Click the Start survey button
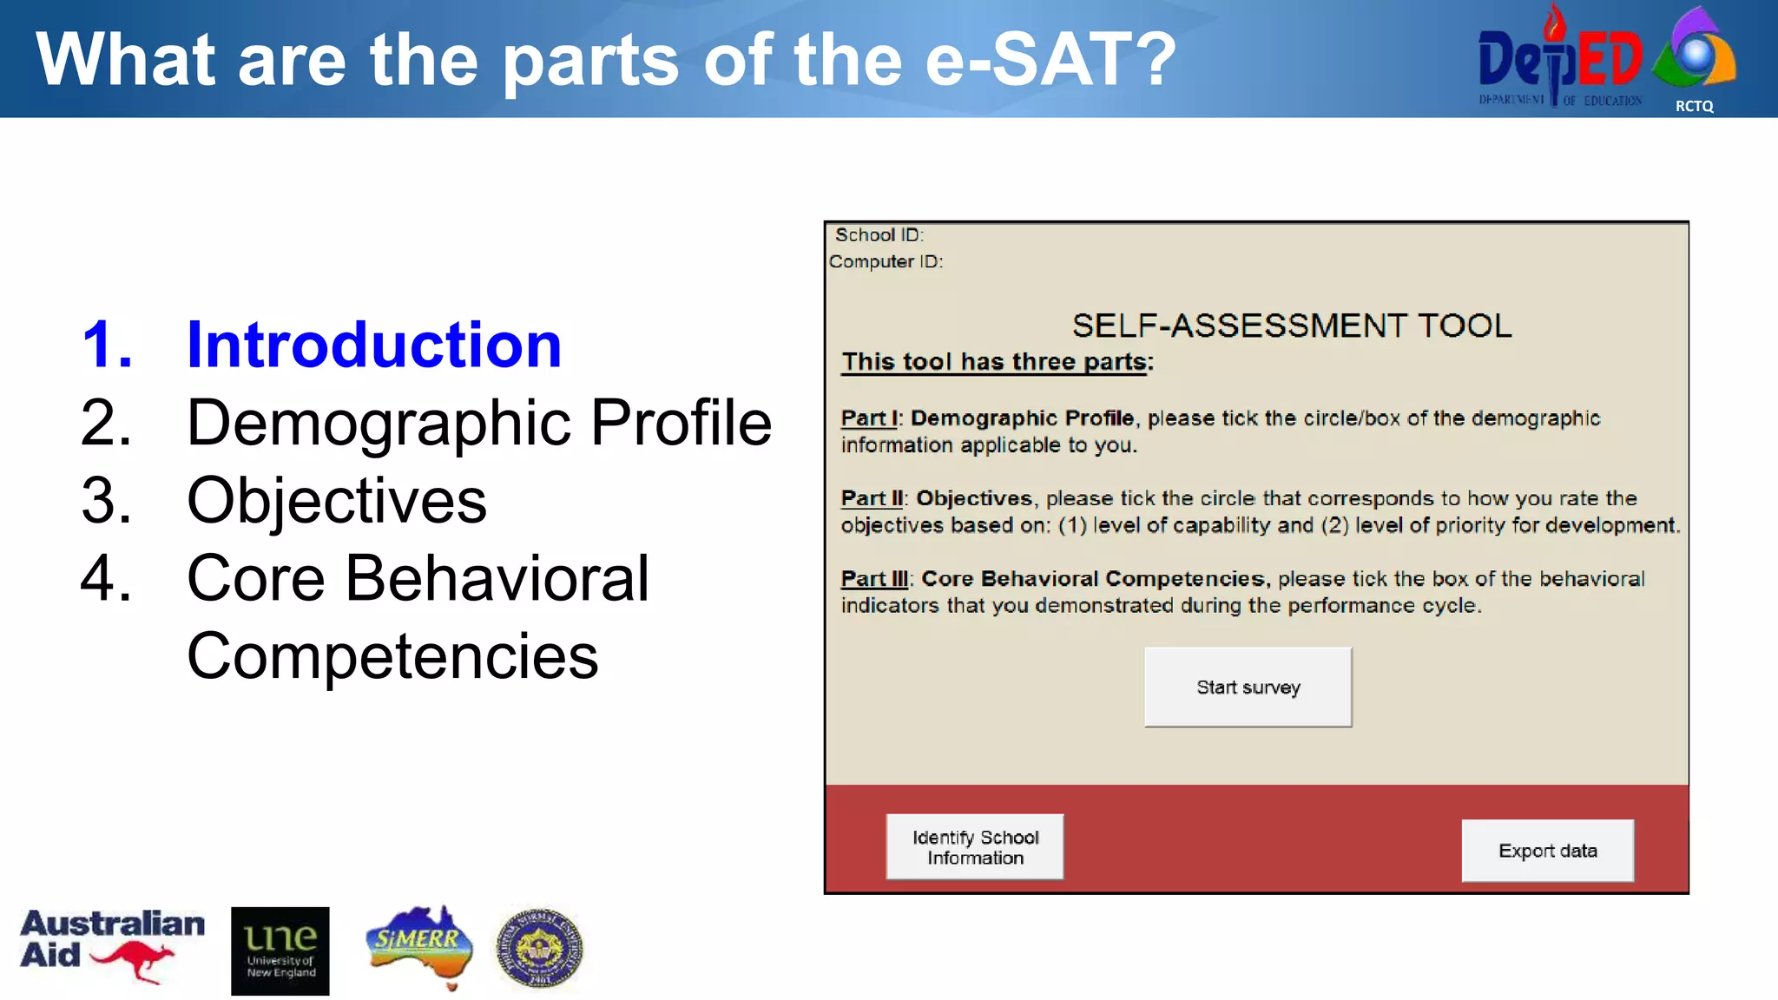(1248, 687)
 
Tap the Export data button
(1547, 851)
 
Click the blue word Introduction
(374, 345)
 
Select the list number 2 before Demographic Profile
(106, 423)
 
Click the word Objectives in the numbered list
(337, 501)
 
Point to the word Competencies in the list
(392, 656)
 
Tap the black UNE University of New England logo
(280, 951)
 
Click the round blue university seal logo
(539, 948)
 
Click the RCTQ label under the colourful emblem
(1694, 106)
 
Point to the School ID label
(879, 235)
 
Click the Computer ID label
(886, 261)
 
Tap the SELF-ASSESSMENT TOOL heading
(1291, 326)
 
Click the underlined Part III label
(873, 579)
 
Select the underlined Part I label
(868, 418)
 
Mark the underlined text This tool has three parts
(995, 362)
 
